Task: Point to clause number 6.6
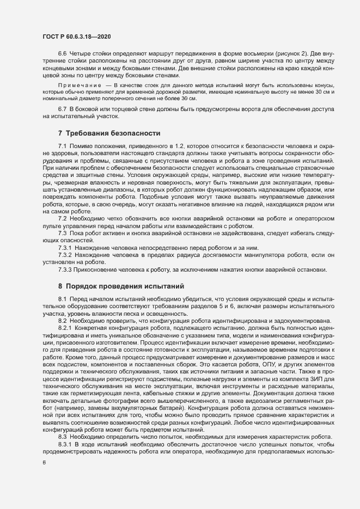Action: click(x=63, y=55)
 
